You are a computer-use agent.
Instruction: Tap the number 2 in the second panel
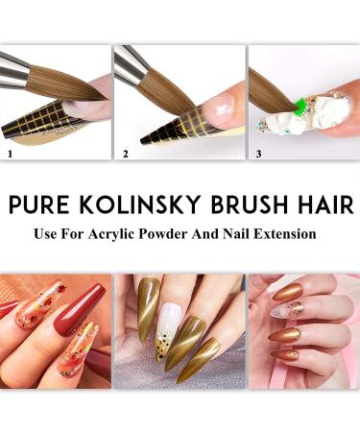(x=124, y=152)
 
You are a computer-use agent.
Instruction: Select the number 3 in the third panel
(x=257, y=152)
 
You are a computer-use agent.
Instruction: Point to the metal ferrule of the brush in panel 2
(x=128, y=62)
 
